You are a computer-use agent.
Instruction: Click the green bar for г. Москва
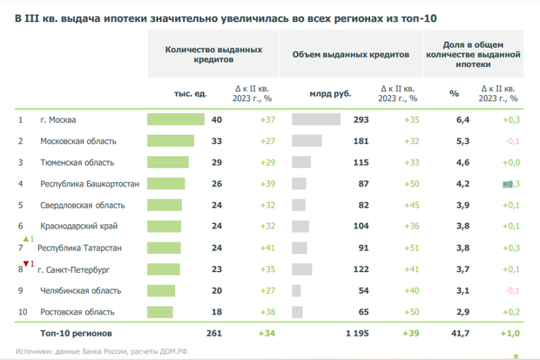[x=175, y=119]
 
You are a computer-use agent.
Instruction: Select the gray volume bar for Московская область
[x=307, y=140]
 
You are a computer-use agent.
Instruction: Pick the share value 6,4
[x=463, y=119]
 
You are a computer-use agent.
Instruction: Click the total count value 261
[x=213, y=334]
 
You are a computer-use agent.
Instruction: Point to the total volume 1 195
[x=357, y=334]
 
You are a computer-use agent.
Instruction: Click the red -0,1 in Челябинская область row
[x=512, y=290]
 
